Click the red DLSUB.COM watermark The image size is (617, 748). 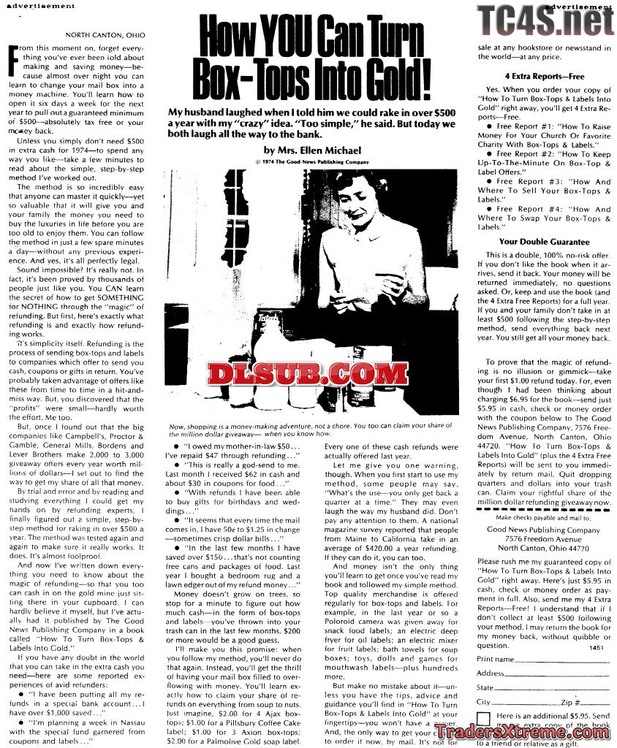click(x=308, y=374)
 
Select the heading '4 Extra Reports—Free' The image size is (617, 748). click(x=544, y=76)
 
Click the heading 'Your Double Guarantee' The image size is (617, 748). click(x=544, y=242)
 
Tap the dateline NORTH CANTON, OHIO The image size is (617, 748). click(x=105, y=35)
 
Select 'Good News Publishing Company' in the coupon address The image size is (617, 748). click(x=543, y=530)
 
